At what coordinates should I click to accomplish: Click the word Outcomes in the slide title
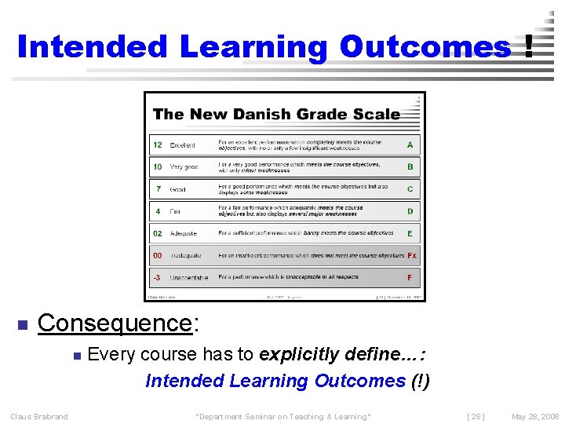[x=425, y=47]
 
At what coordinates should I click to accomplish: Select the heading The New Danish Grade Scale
[x=276, y=114]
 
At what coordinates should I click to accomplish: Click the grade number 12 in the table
[x=158, y=145]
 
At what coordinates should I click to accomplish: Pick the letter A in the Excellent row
[x=410, y=145]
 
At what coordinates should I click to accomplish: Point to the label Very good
[x=184, y=167]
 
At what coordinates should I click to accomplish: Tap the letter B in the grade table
[x=410, y=167]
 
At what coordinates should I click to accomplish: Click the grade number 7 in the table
[x=159, y=189]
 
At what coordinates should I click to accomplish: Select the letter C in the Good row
[x=410, y=189]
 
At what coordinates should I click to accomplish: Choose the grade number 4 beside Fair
[x=159, y=211]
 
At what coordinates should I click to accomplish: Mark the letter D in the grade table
[x=410, y=211]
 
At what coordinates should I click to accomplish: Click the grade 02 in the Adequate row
[x=158, y=233]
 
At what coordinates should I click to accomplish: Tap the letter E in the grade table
[x=410, y=233]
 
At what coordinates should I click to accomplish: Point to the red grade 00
[x=158, y=255]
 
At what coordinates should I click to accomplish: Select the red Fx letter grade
[x=411, y=255]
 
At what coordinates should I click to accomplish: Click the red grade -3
[x=157, y=277]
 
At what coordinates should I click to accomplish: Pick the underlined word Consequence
[x=114, y=323]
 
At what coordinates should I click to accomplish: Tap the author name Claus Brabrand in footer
[x=38, y=416]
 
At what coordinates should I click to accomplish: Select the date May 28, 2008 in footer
[x=534, y=416]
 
